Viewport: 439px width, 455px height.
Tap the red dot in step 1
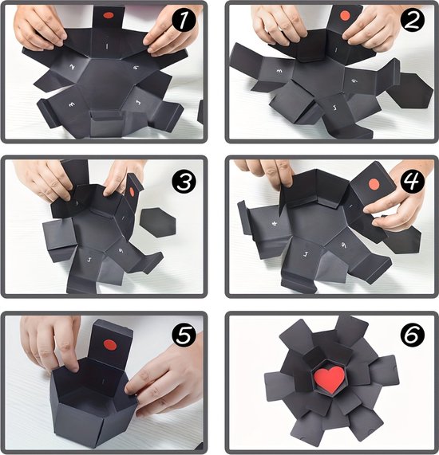(107, 14)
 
